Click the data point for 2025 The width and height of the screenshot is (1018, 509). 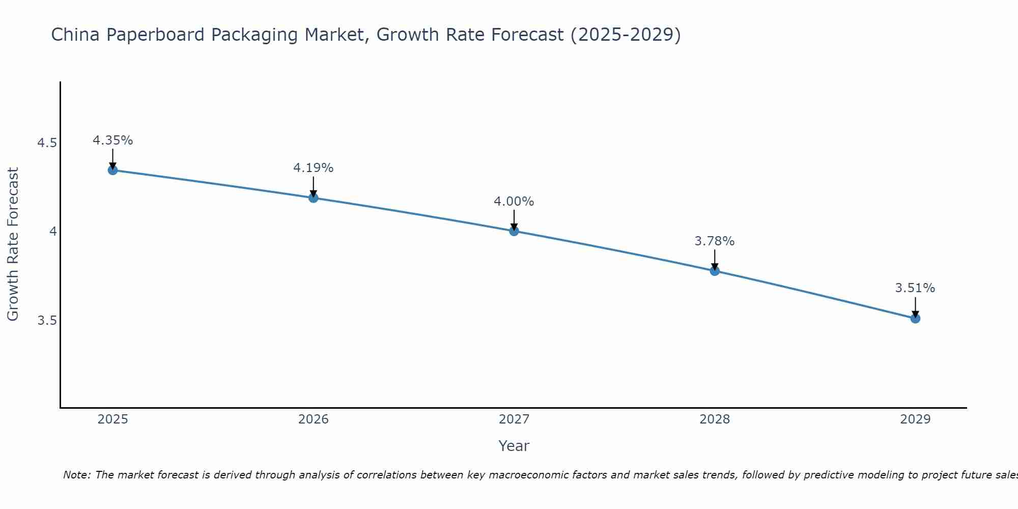point(113,170)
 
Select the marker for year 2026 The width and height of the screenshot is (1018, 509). point(314,197)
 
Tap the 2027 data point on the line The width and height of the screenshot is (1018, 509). point(514,231)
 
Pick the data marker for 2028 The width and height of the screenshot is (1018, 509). point(715,271)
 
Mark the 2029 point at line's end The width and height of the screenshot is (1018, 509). point(915,319)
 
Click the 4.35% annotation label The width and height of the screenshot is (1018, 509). point(113,140)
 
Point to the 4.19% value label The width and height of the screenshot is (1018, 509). point(314,168)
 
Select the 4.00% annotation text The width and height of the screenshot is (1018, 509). point(514,202)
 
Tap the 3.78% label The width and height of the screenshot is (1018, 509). point(715,241)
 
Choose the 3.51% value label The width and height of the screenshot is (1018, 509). point(915,288)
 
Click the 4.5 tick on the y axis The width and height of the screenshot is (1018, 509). point(47,143)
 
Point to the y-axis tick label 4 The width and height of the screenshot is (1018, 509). point(52,232)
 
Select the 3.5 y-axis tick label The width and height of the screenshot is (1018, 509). point(47,321)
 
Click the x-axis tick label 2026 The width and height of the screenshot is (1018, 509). point(314,419)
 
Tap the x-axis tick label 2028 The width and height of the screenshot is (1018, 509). point(715,419)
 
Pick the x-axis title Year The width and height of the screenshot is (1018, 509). point(514,446)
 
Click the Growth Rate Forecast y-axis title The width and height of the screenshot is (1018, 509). point(13,244)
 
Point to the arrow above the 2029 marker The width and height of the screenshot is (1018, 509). point(915,307)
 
